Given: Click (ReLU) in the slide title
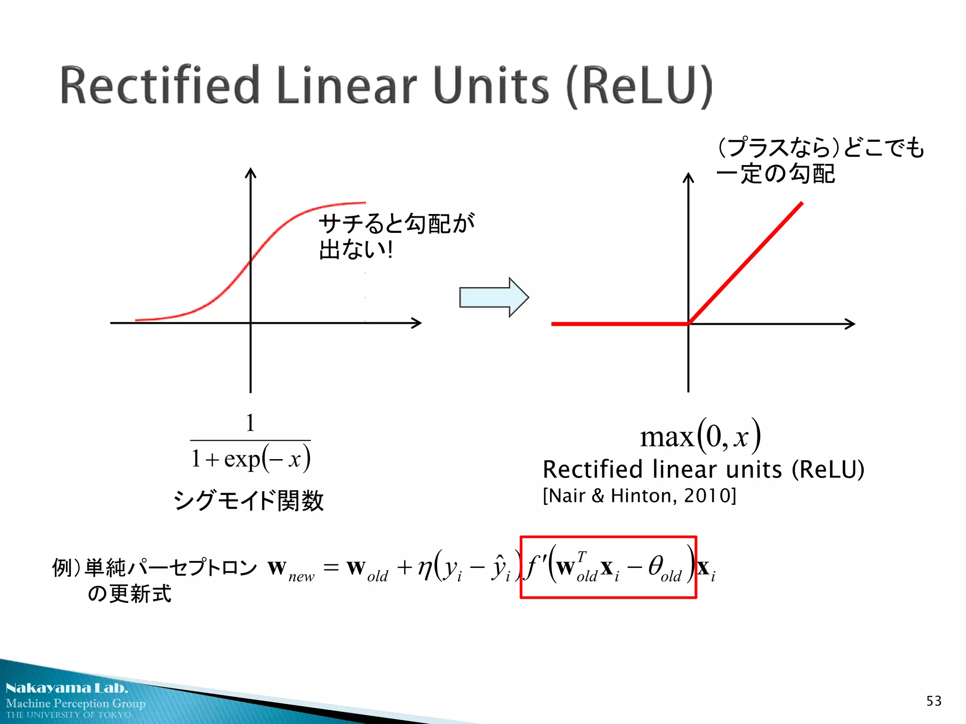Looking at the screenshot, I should [x=639, y=86].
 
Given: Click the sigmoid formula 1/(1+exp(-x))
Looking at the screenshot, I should [x=250, y=443].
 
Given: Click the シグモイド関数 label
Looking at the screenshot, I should [x=249, y=500].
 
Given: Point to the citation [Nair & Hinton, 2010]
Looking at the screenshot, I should [x=639, y=496].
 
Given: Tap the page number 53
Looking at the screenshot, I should [x=933, y=701].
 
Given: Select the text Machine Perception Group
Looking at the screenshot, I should [x=75, y=703].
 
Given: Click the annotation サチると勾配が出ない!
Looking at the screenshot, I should [x=396, y=236].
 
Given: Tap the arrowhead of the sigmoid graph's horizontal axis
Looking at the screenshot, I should [x=417, y=323].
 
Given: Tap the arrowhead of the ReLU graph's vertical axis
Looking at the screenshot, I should [x=689, y=178].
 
